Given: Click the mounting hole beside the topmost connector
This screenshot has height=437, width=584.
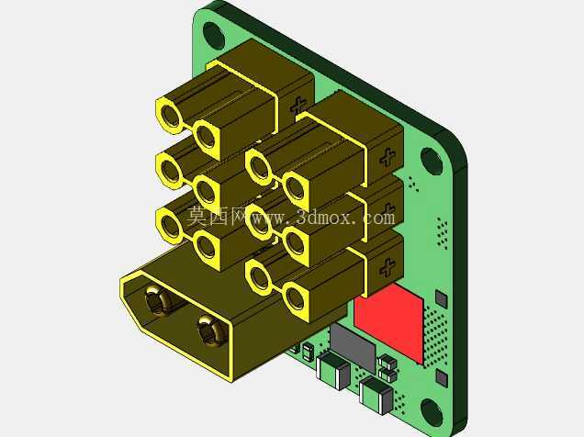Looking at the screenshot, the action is click(x=214, y=35).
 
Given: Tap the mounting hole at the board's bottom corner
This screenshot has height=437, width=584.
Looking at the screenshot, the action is click(x=432, y=412).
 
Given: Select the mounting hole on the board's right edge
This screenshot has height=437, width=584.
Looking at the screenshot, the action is click(x=432, y=161).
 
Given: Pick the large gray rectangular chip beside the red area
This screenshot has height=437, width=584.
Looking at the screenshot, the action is click(x=353, y=346).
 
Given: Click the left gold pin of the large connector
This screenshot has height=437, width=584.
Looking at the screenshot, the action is click(x=155, y=300).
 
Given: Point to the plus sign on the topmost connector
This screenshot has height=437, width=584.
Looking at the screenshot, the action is click(x=298, y=106).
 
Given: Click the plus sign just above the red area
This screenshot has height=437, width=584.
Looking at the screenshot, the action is click(x=387, y=267).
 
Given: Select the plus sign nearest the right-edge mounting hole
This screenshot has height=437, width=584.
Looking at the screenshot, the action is click(x=387, y=157).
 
